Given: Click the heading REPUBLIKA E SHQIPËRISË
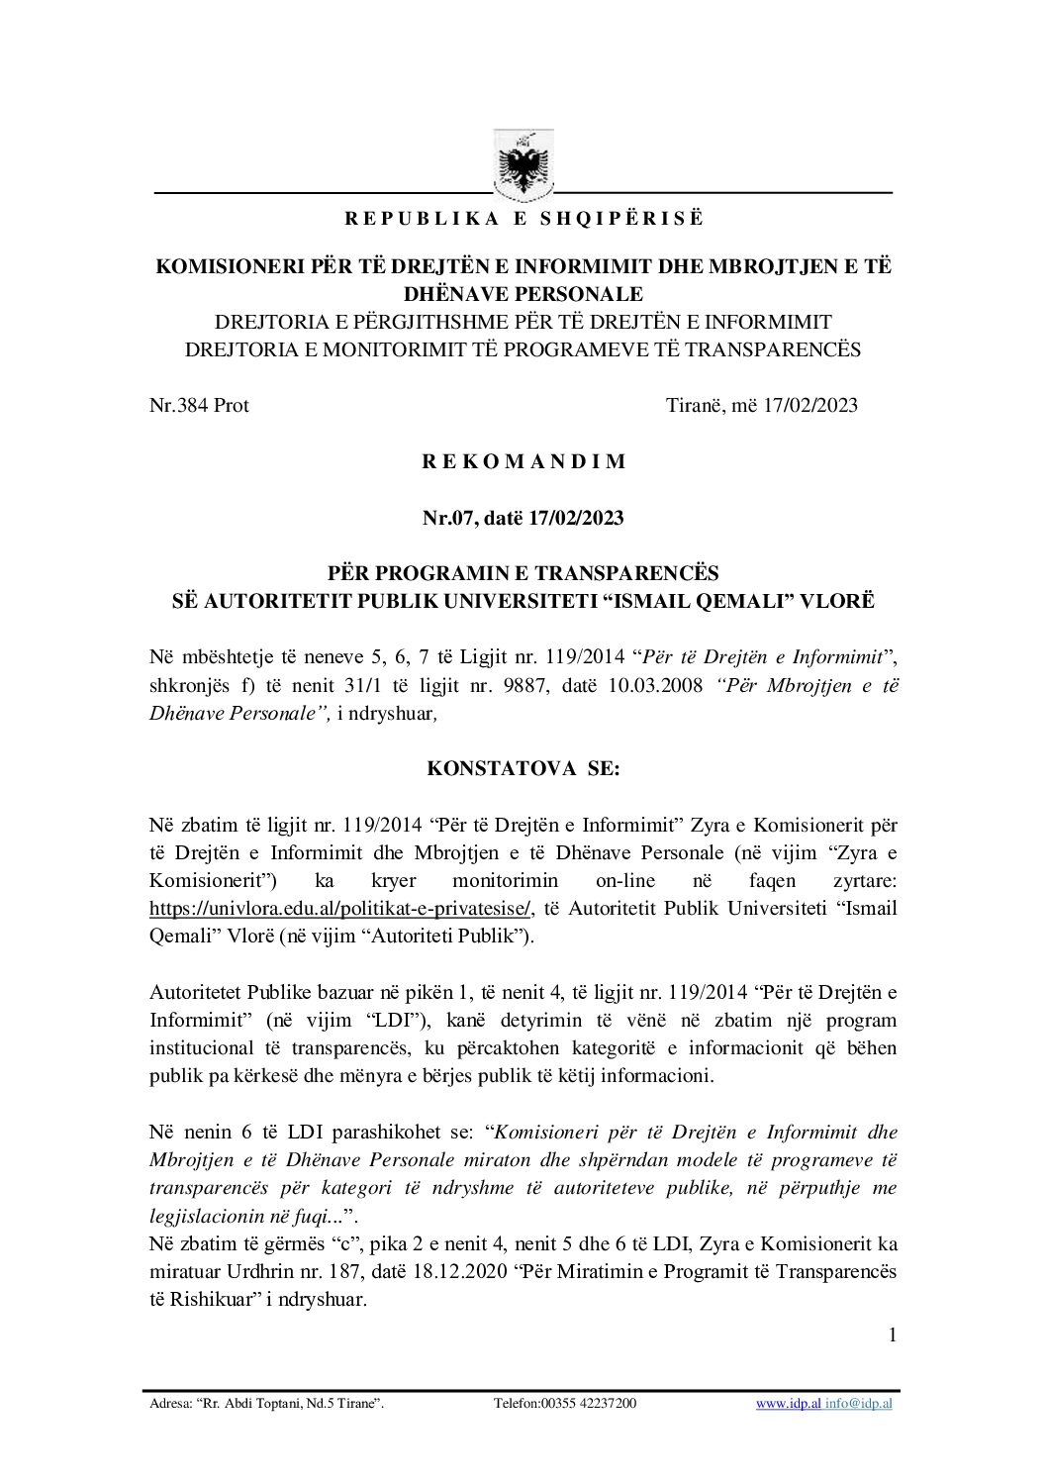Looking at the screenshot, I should (x=523, y=219).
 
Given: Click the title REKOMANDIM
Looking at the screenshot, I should (x=523, y=461).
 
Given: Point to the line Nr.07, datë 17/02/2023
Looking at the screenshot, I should (x=523, y=518).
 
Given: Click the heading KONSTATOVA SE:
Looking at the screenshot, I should (x=523, y=768).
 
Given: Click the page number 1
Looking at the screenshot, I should (x=892, y=1335).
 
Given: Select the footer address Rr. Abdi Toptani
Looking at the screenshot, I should (x=265, y=1403).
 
